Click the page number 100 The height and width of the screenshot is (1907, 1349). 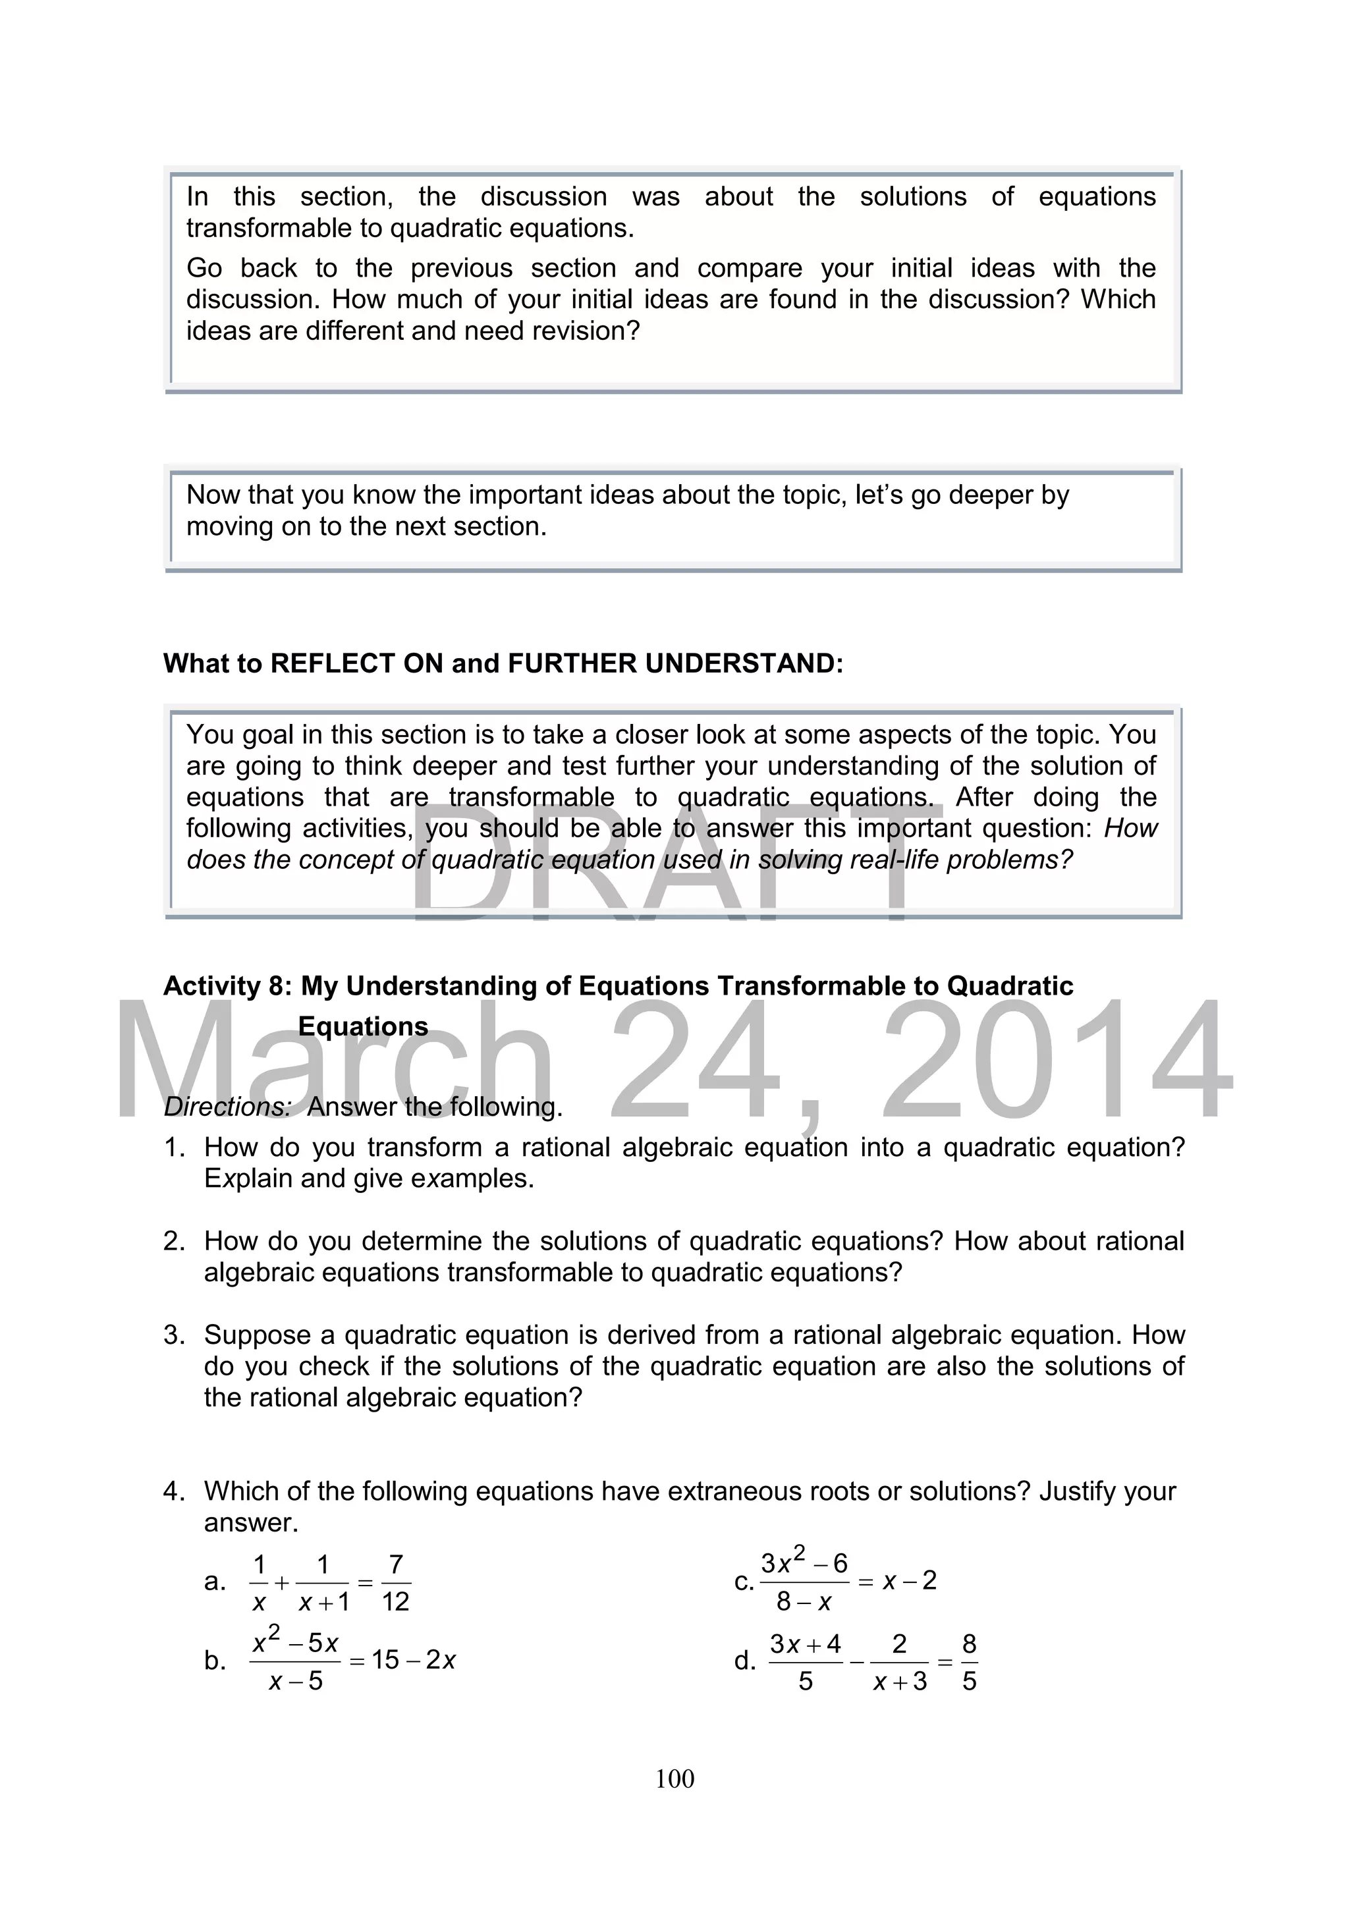tap(674, 1779)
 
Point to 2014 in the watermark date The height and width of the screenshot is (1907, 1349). tap(1055, 1059)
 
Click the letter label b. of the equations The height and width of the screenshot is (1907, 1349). tap(215, 1661)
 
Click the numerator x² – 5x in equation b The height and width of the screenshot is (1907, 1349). tap(296, 1642)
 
